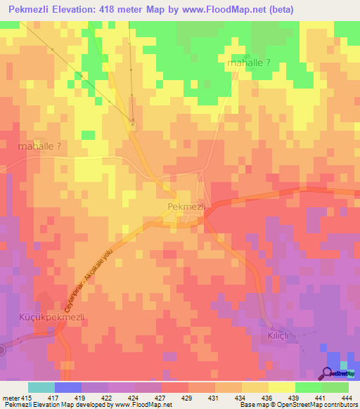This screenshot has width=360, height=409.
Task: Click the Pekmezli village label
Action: (186, 207)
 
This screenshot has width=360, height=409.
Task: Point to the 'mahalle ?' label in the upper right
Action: (250, 63)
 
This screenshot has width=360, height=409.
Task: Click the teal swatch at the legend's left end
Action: (41, 387)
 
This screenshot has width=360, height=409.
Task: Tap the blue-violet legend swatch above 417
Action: (68, 387)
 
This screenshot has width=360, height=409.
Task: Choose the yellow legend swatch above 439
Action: (282, 387)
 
